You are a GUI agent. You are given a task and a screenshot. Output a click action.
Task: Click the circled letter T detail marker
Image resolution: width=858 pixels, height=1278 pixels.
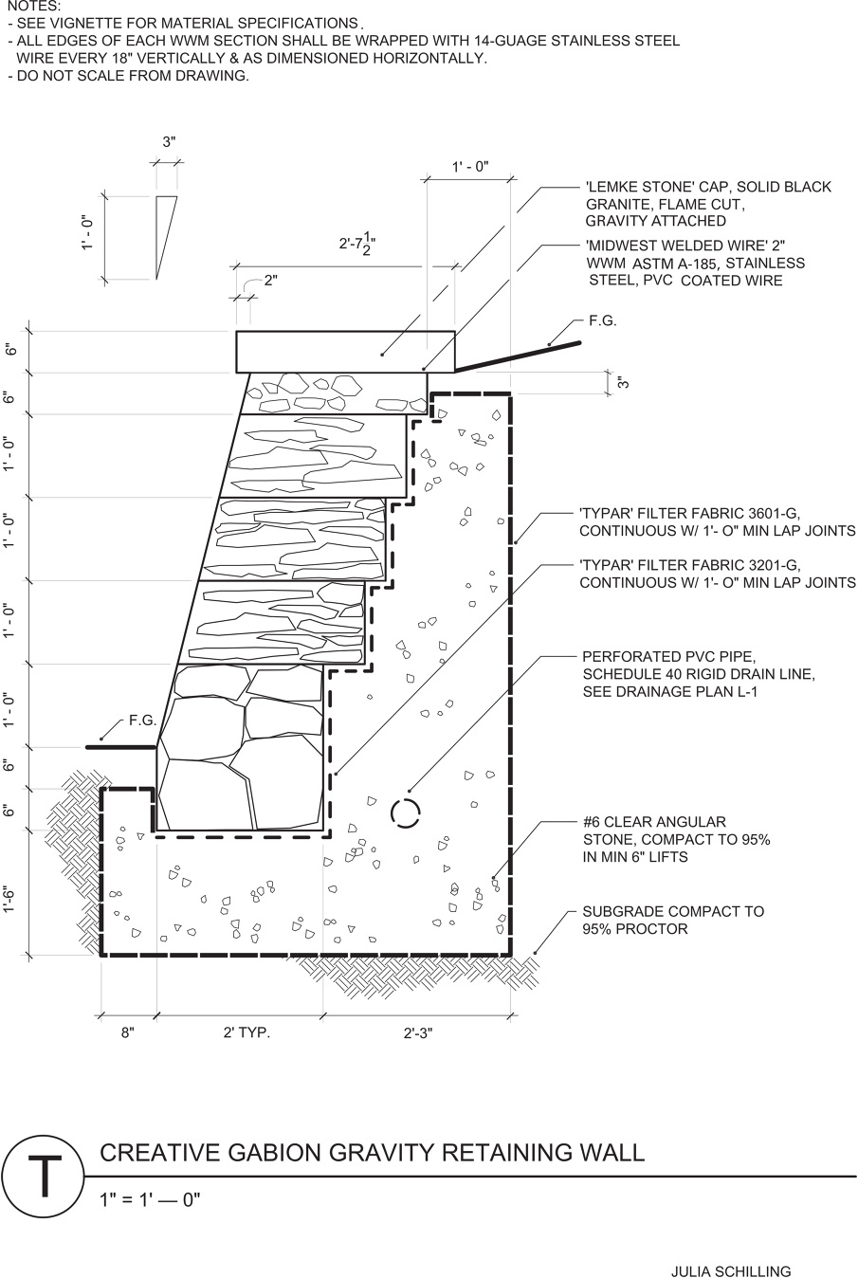tap(43, 1186)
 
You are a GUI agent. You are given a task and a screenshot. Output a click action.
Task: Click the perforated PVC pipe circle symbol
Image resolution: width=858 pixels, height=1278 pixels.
tap(405, 812)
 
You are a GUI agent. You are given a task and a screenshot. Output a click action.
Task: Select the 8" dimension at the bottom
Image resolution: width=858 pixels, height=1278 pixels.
tap(128, 1033)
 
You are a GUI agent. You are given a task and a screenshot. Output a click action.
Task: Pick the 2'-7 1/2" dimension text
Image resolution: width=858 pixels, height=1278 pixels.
tap(357, 244)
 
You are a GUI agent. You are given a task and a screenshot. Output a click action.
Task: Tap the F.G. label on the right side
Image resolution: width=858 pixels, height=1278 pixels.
tap(602, 321)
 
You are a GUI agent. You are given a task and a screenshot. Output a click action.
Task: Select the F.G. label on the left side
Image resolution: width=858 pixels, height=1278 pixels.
tap(142, 721)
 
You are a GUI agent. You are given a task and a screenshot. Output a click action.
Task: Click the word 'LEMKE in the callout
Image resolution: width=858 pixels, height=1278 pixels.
tap(611, 188)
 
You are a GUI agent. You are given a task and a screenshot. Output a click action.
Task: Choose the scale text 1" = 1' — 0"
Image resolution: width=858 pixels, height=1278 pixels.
tap(151, 1200)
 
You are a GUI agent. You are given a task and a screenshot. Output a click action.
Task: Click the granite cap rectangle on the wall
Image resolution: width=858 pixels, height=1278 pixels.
tap(345, 351)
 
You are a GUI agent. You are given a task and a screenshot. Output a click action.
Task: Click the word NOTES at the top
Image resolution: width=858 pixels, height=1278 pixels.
tap(34, 7)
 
